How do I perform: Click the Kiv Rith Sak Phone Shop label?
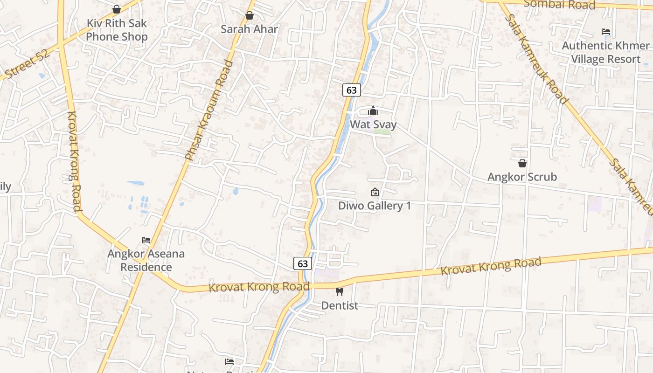click(x=117, y=30)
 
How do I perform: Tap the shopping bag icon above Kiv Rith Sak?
click(x=117, y=9)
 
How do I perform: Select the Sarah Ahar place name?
click(x=249, y=29)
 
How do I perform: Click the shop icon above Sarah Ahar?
click(x=250, y=16)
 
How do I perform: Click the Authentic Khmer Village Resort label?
click(x=605, y=52)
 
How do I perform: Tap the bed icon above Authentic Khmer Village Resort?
click(x=606, y=32)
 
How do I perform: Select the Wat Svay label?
click(x=373, y=124)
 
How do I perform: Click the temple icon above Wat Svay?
click(x=373, y=111)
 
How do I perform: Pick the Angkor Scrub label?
click(x=522, y=177)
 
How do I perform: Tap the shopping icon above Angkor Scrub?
click(x=522, y=163)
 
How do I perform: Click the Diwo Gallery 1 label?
click(x=375, y=206)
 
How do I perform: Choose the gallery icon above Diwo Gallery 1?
click(x=375, y=192)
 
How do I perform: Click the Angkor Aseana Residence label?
click(x=146, y=260)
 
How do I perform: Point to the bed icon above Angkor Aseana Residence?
click(x=146, y=240)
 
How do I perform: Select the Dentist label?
click(x=340, y=305)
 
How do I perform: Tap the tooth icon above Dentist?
click(x=340, y=292)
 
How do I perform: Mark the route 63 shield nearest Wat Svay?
click(x=352, y=90)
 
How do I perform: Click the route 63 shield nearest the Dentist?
click(x=303, y=263)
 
